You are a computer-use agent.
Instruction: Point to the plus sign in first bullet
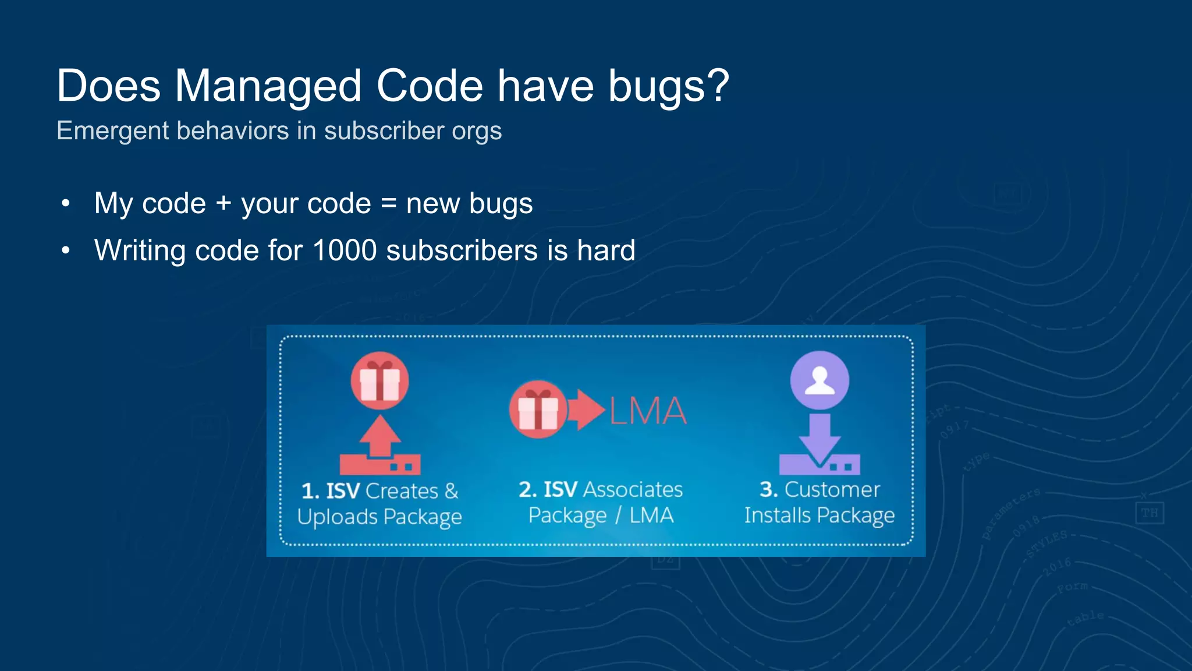click(223, 203)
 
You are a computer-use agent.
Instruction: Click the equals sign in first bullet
click(388, 204)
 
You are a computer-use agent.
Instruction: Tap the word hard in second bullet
click(605, 250)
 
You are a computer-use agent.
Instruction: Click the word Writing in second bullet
click(140, 251)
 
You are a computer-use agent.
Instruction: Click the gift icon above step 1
click(379, 381)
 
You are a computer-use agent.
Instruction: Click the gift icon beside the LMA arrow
click(538, 409)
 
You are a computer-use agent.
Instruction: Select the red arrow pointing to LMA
click(586, 409)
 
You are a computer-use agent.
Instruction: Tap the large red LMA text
click(648, 411)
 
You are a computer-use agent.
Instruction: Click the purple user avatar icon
click(819, 380)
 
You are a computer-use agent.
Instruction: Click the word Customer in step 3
click(832, 490)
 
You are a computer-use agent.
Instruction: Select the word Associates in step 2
click(633, 490)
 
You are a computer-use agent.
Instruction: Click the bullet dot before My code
click(66, 203)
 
